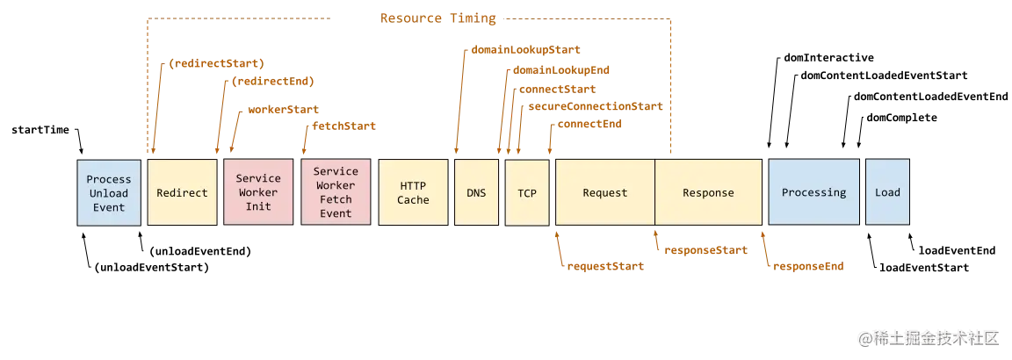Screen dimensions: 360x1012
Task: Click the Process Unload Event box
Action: (108, 193)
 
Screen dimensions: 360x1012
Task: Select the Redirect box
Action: (182, 193)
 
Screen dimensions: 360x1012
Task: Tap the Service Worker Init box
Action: (258, 193)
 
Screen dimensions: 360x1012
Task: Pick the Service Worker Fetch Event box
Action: (336, 192)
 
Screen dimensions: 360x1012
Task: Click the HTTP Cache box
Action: (413, 193)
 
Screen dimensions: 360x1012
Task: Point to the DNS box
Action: (476, 193)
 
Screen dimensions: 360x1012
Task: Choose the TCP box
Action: (527, 193)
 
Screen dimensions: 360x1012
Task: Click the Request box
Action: (605, 193)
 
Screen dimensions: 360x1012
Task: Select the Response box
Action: (708, 193)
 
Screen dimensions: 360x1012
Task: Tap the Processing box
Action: (813, 192)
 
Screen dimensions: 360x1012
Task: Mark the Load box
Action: (887, 192)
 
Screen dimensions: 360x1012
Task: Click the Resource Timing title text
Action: (438, 18)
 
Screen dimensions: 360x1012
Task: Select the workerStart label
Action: (284, 112)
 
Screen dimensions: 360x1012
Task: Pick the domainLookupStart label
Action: (526, 51)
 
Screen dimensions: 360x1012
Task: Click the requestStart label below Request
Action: (606, 266)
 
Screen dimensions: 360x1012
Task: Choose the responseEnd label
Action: (809, 265)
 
